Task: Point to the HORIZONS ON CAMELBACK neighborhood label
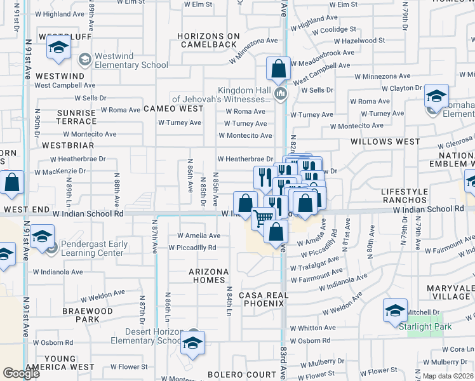tap(209, 40)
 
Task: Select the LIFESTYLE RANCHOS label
tap(410, 196)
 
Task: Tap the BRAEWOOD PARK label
tap(88, 316)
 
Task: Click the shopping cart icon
tap(263, 218)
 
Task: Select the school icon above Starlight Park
tap(396, 311)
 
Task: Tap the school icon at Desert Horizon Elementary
tap(191, 344)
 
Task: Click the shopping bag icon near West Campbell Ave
tap(278, 69)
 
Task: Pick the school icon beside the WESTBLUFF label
tap(59, 48)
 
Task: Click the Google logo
tap(22, 373)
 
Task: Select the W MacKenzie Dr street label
tap(60, 172)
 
